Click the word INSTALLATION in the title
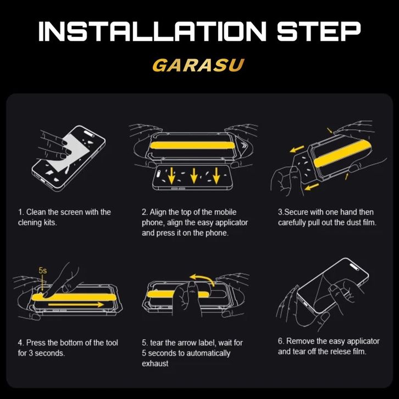[x=152, y=31]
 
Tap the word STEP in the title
[x=319, y=31]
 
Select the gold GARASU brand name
[x=198, y=65]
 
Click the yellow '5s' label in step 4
[x=43, y=270]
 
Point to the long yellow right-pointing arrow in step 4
[x=76, y=304]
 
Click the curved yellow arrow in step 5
[x=202, y=279]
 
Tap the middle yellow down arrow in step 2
[x=194, y=175]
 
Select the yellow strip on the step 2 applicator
[x=192, y=145]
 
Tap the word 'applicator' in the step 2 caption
[x=231, y=223]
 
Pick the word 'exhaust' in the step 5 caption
[x=155, y=364]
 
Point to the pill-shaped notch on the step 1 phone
[x=89, y=134]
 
